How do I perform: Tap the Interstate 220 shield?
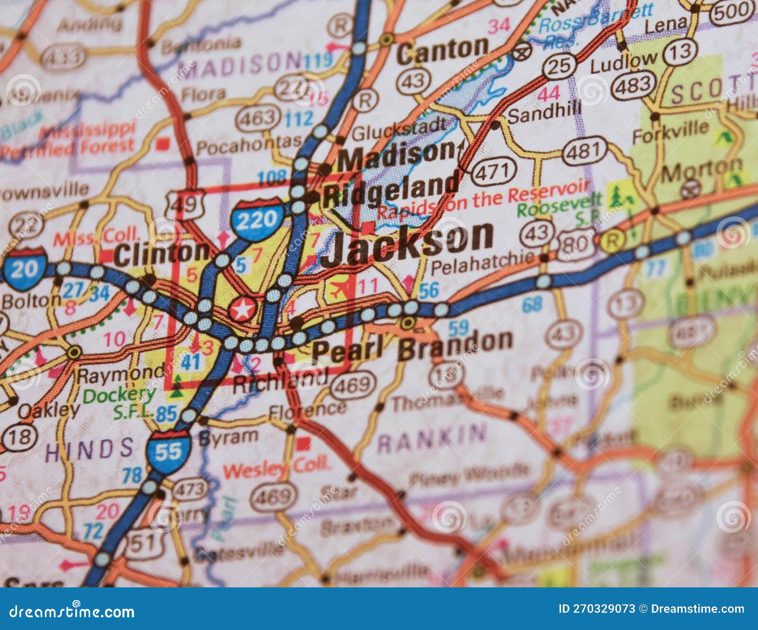257,220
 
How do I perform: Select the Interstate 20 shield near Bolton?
24,269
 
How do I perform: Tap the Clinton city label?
161,253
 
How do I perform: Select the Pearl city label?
347,350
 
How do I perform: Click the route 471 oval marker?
493,171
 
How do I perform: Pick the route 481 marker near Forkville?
584,151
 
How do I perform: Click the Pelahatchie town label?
482,264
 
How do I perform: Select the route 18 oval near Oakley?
19,437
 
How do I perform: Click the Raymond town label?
120,375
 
